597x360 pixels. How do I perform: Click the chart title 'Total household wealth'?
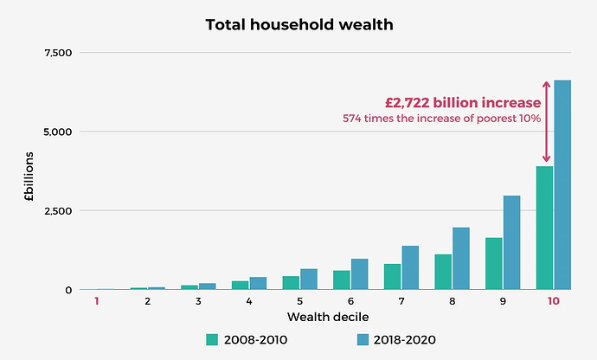pyautogui.click(x=298, y=24)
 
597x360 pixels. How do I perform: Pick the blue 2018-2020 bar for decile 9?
pyautogui.click(x=511, y=242)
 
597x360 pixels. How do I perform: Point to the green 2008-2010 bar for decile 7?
pyautogui.click(x=392, y=276)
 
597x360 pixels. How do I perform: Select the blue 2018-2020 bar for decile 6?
pyautogui.click(x=359, y=273)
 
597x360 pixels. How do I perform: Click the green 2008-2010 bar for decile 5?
pyautogui.click(x=291, y=282)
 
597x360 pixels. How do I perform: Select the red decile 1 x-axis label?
pyautogui.click(x=97, y=301)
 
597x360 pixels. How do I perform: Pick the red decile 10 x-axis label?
pyautogui.click(x=553, y=301)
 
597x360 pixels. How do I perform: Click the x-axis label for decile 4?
pyautogui.click(x=249, y=301)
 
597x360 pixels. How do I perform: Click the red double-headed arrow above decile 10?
pyautogui.click(x=546, y=120)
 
